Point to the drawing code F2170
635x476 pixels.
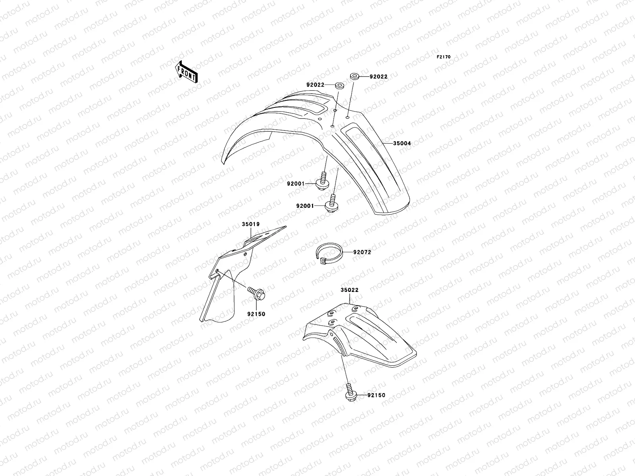(x=444, y=57)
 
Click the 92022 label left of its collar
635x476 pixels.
(x=316, y=85)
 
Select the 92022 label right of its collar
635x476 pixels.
(x=379, y=77)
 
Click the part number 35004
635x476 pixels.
(x=402, y=144)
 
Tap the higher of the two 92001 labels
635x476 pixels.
(x=296, y=184)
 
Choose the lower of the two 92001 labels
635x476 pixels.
(x=305, y=206)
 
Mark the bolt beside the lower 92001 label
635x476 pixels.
(x=332, y=203)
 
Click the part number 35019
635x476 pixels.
(x=251, y=224)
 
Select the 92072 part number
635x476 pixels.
(x=362, y=252)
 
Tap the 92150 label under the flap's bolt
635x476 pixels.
(x=256, y=314)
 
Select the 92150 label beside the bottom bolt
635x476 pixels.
(x=376, y=395)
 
